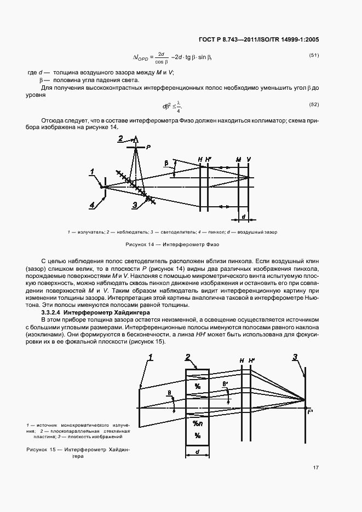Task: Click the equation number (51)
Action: click(314, 55)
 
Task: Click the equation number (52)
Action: click(314, 104)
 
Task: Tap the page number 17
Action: click(316, 467)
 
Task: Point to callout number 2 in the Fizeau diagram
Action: click(120, 138)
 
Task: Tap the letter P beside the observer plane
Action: click(148, 148)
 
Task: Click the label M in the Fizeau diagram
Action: click(238, 160)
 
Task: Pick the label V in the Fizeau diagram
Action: click(249, 160)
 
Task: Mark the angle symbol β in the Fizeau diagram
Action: click(166, 163)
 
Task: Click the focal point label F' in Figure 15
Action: click(311, 411)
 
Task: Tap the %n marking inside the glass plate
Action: click(197, 423)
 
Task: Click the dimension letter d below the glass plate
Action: click(197, 452)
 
